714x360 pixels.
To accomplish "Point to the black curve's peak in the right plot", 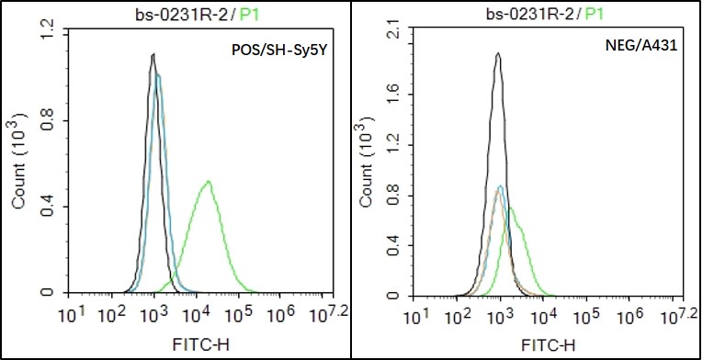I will pos(497,53).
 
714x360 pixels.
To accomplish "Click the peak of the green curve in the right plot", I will pos(510,208).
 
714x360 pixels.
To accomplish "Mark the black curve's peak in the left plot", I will pos(153,55).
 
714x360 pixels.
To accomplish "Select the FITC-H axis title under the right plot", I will pos(545,345).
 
